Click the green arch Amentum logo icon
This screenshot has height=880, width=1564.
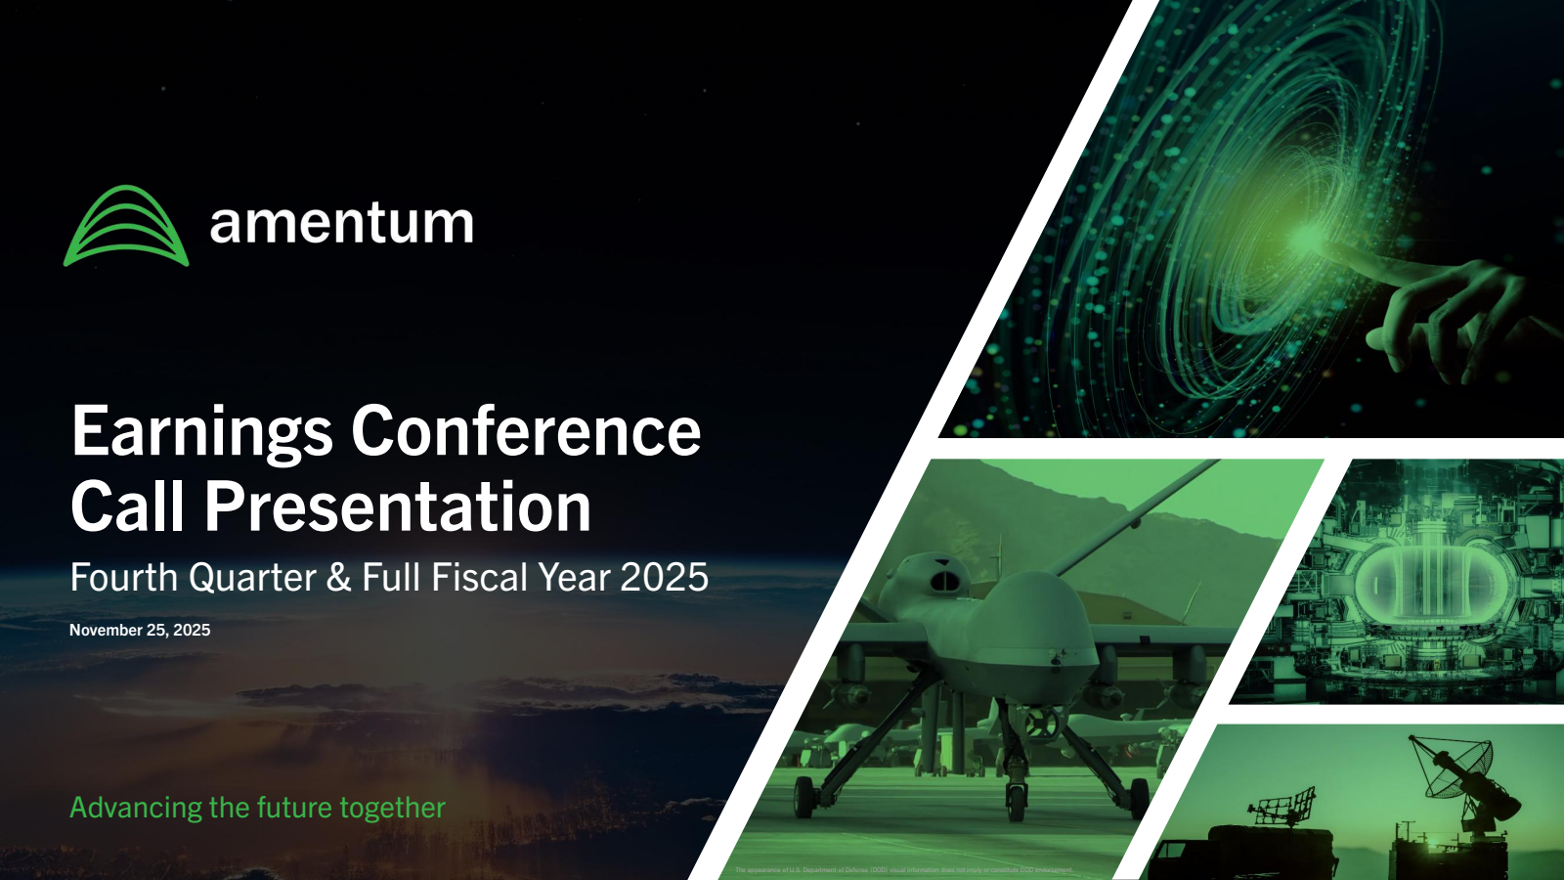coord(126,226)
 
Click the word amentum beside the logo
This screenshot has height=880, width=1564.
coord(341,224)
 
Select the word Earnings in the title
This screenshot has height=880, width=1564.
coord(202,431)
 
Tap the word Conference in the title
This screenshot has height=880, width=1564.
coord(526,431)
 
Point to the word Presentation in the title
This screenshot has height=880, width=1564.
coord(398,506)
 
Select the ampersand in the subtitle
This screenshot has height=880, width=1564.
coord(339,578)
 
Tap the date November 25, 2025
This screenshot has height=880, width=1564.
coord(140,631)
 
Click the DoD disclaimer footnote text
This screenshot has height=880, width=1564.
coord(903,869)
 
